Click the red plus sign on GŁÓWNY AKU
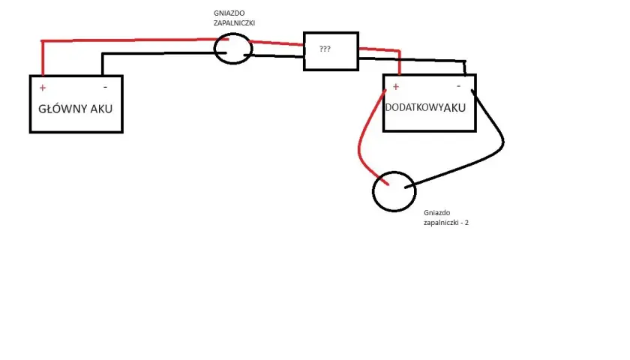pos(43,88)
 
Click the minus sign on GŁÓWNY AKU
pos(105,87)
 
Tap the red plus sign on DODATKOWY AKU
pos(396,86)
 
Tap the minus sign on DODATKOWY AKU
pos(458,86)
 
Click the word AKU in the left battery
pos(101,109)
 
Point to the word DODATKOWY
pos(414,108)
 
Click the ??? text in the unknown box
pos(325,49)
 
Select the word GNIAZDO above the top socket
pos(229,13)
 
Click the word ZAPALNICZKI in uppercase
pos(234,23)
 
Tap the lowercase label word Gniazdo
pos(436,212)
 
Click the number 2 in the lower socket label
pos(466,222)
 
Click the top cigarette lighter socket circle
pos(214,49)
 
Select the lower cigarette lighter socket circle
pos(373,192)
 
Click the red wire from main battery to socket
pos(133,40)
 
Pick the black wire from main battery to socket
pos(160,53)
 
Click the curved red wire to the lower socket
pos(359,148)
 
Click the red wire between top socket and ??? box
pos(277,43)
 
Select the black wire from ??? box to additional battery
pos(412,60)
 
